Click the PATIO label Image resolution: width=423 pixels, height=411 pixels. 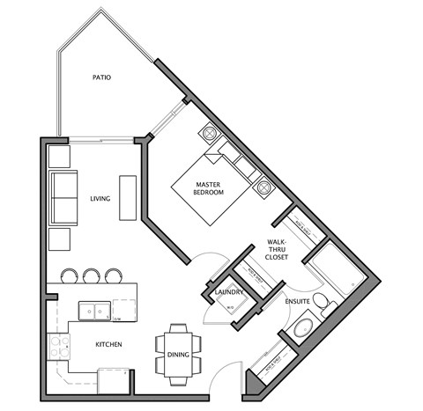pyautogui.click(x=101, y=78)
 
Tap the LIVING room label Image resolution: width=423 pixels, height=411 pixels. pyautogui.click(x=100, y=199)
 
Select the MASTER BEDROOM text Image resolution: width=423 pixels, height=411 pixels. pyautogui.click(x=209, y=187)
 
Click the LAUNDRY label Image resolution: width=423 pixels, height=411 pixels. pyautogui.click(x=228, y=291)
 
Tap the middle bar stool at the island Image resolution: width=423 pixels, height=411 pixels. pyautogui.click(x=91, y=275)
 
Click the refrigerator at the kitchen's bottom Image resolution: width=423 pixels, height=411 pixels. pyautogui.click(x=113, y=381)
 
